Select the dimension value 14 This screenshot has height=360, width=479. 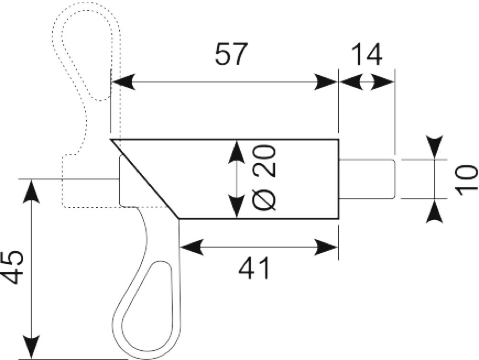366,55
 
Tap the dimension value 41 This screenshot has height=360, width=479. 254,268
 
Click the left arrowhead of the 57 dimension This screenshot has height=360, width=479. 123,82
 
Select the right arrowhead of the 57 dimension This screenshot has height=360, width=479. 326,82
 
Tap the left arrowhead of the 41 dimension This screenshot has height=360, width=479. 192,247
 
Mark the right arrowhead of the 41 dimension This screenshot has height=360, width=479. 326,247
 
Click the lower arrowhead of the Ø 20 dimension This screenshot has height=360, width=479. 237,206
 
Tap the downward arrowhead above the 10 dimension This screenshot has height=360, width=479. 434,147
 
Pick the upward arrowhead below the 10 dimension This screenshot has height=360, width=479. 434,211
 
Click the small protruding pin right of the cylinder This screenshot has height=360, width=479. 367,179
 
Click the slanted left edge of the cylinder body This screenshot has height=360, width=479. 145,179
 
